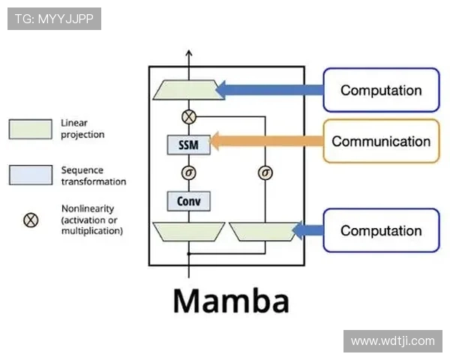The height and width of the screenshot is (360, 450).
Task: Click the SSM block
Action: coord(189,144)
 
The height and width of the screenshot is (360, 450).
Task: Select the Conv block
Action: coord(189,201)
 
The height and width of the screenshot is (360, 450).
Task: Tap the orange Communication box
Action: coord(381,141)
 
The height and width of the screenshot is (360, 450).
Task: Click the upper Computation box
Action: coord(381,90)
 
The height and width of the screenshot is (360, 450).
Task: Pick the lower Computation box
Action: coord(381,230)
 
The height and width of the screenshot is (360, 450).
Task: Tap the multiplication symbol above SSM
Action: coord(189,116)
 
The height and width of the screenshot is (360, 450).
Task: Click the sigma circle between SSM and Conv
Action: coord(189,172)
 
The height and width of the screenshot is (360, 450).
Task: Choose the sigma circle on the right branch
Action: coord(265,172)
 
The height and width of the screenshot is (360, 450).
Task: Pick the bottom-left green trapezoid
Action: coord(187,231)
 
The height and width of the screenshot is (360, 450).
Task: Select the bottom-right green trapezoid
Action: coord(263,231)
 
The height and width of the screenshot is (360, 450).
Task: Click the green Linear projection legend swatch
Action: coord(30,129)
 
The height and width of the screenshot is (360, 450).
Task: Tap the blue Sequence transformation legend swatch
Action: coord(30,175)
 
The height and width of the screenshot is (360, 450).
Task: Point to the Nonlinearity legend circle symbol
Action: coord(31,220)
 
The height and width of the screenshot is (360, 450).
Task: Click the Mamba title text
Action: coord(231,301)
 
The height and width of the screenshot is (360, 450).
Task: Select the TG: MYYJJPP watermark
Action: coord(54,19)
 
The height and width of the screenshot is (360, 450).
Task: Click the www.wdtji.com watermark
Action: coord(392,340)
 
